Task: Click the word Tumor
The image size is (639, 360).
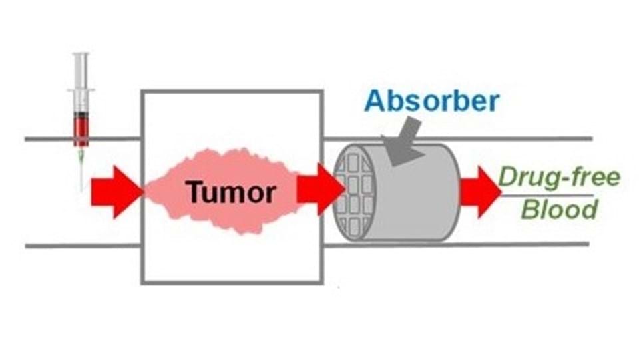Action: (231, 192)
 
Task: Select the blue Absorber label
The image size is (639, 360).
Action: (432, 102)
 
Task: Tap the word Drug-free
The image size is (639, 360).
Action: (559, 178)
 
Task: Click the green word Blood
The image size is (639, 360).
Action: (559, 210)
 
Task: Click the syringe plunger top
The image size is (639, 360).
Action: (81, 55)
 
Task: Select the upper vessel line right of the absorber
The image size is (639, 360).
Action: (526, 139)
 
